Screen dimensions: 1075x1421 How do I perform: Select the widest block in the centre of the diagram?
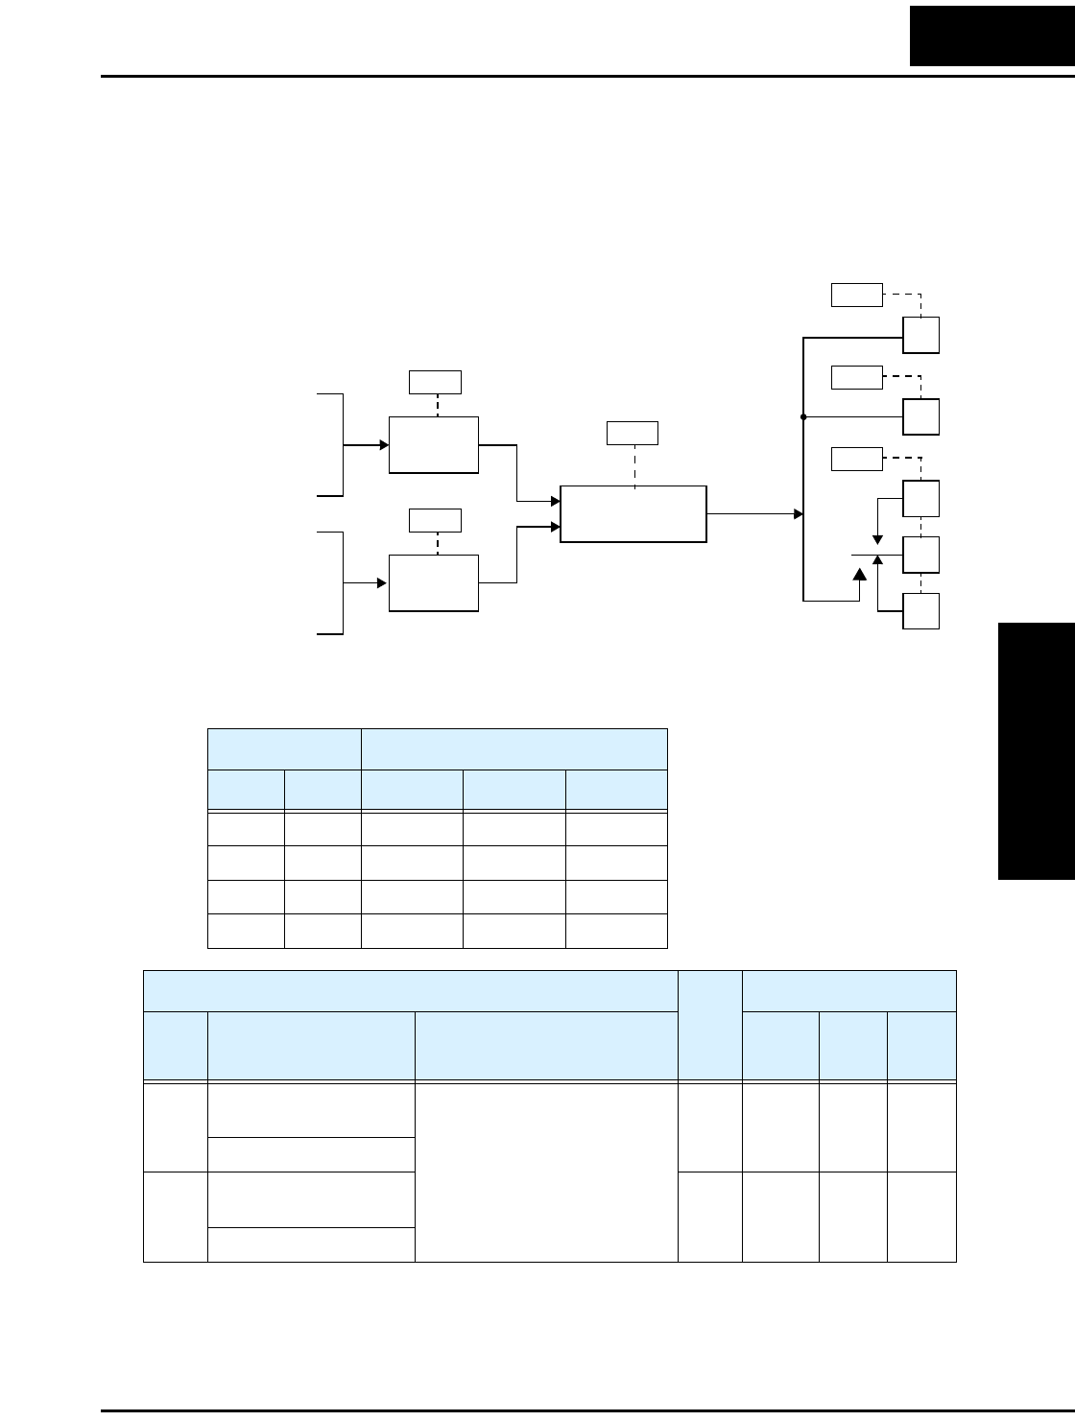point(633,514)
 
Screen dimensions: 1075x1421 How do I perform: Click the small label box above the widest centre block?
point(633,433)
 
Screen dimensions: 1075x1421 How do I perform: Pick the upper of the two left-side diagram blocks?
point(434,445)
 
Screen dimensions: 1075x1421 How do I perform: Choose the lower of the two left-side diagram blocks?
point(434,582)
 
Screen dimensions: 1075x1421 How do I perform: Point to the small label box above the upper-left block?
point(435,382)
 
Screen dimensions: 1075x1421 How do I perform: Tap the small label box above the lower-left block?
point(435,520)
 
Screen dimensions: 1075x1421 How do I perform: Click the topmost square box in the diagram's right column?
point(921,335)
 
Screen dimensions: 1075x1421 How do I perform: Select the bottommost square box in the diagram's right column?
point(921,611)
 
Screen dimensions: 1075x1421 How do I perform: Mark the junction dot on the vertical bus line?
point(803,417)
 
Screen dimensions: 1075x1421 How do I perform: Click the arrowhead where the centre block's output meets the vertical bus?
point(798,514)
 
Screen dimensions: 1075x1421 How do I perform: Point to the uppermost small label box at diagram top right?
point(856,295)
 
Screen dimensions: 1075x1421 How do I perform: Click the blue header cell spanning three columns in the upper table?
point(514,748)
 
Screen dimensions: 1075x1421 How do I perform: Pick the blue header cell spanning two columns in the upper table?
point(284,748)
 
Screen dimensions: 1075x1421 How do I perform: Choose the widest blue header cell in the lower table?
point(410,990)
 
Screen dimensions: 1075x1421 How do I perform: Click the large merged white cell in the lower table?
point(545,1172)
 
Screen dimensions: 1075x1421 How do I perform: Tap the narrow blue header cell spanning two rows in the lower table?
point(709,1026)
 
